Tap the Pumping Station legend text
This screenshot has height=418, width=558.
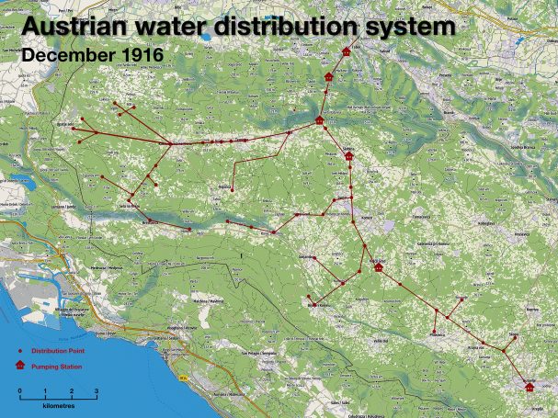click(56, 367)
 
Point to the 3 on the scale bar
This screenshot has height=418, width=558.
click(97, 391)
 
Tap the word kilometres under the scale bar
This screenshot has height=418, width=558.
click(58, 404)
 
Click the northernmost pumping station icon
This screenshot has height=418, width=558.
click(346, 51)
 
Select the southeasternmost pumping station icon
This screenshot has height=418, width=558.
click(530, 385)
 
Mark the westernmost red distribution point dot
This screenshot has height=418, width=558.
click(74, 129)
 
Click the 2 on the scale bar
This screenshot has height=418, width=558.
click(71, 391)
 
